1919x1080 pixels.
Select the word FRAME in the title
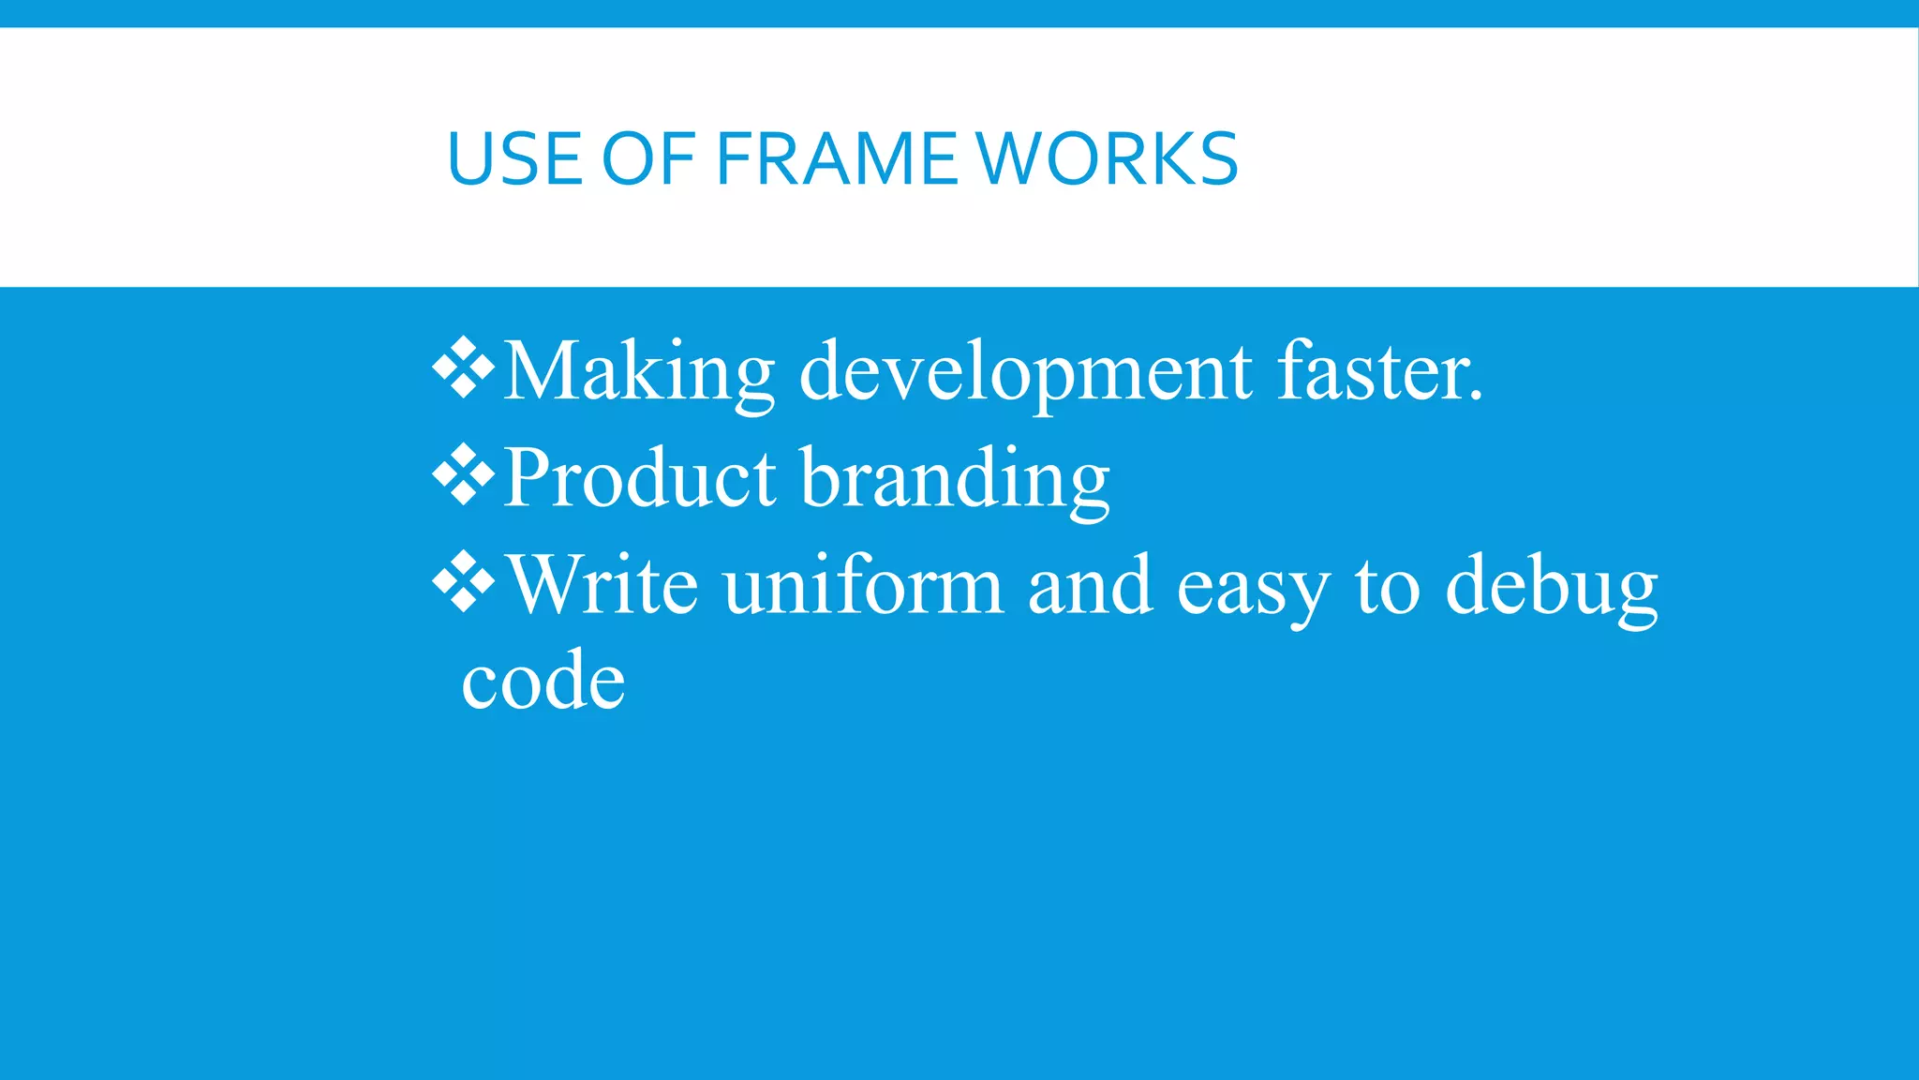pyautogui.click(x=837, y=158)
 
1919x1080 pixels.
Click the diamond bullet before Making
pyautogui.click(x=464, y=367)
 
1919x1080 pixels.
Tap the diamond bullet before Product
pyautogui.click(x=464, y=475)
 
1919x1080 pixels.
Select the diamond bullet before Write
pyautogui.click(x=464, y=583)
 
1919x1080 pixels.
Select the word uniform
pyautogui.click(x=863, y=587)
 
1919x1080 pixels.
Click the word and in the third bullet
pyautogui.click(x=1089, y=587)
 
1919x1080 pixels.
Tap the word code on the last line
pyautogui.click(x=543, y=682)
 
